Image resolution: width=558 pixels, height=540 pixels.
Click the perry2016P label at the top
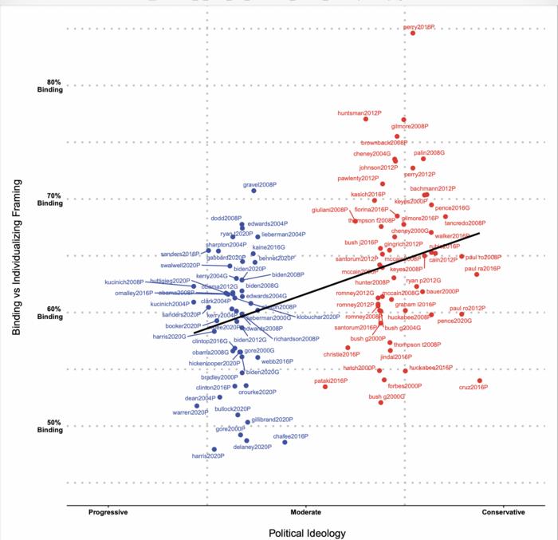pos(419,27)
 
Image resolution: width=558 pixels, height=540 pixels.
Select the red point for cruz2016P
pos(480,380)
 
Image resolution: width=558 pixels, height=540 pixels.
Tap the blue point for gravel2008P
pos(254,191)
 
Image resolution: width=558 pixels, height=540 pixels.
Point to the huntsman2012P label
pos(359,112)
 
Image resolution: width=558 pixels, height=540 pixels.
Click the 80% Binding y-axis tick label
pos(49,87)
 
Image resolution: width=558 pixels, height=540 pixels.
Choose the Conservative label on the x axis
pos(505,512)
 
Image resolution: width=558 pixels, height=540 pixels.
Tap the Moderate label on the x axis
pos(305,512)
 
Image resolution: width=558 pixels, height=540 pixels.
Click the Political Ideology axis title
pos(306,532)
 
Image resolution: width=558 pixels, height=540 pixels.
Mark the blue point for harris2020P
pos(214,449)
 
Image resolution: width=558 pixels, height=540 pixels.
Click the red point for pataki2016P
pos(325,387)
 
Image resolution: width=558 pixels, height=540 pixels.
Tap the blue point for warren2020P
pos(197,406)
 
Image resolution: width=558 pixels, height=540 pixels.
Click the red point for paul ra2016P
pos(477,274)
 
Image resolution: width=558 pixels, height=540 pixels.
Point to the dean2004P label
pos(200,397)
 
